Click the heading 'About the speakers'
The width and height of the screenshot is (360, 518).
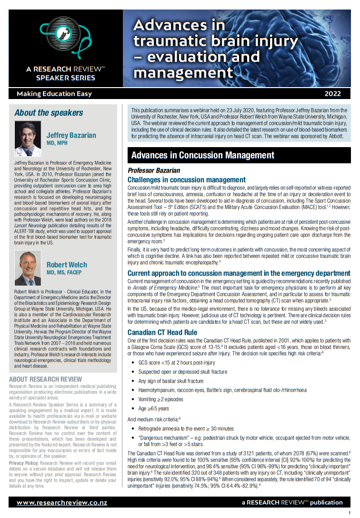pyautogui.click(x=49, y=113)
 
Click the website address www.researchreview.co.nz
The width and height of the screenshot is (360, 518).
pyautogui.click(x=62, y=502)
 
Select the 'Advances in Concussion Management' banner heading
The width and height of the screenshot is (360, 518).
pyautogui.click(x=202, y=155)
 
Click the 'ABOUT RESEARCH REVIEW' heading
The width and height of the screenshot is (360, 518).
pyautogui.click(x=45, y=379)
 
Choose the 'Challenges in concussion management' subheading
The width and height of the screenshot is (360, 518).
pyautogui.click(x=187, y=179)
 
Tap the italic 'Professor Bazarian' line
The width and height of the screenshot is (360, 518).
pyautogui.click(x=153, y=170)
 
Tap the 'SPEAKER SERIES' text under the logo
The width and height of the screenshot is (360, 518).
pyautogui.click(x=66, y=78)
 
